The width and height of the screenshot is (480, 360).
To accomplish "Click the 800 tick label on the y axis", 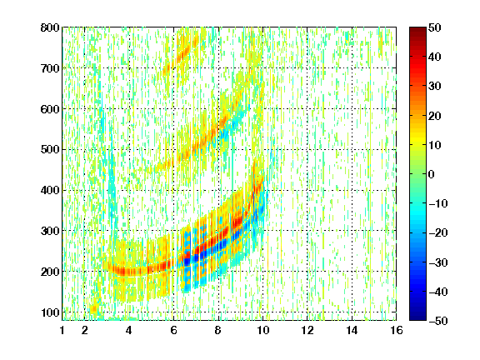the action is pos(50,27).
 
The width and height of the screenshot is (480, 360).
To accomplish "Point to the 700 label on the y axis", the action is pos(50,68).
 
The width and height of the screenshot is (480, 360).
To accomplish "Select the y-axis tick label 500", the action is pos(50,150).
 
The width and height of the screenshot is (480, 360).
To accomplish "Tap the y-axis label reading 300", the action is pos(50,231).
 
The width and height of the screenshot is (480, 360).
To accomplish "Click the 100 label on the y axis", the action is pos(50,312).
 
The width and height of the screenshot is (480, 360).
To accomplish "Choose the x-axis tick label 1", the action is pos(62,330).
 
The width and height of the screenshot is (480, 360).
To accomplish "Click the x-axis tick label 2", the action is pos(85,330).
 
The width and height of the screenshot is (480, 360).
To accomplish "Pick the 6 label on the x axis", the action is pos(173,330).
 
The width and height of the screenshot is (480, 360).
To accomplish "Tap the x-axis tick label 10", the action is pos(262,330).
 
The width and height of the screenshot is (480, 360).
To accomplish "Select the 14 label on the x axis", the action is pos(352,330).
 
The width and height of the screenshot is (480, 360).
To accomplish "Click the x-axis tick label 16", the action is pos(397,330).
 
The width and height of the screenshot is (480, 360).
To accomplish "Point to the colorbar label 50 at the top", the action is pos(434,27).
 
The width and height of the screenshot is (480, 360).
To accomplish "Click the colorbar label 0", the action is pos(432,174).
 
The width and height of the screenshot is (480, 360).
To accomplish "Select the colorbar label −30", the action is pos(438,262).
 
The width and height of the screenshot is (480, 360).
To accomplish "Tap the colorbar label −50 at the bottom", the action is pos(438,321).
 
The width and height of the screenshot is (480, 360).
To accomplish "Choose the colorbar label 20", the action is pos(434,116).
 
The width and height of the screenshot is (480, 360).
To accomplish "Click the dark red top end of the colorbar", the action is pos(417,29).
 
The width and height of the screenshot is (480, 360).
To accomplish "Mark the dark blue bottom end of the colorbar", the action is pos(417,318).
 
